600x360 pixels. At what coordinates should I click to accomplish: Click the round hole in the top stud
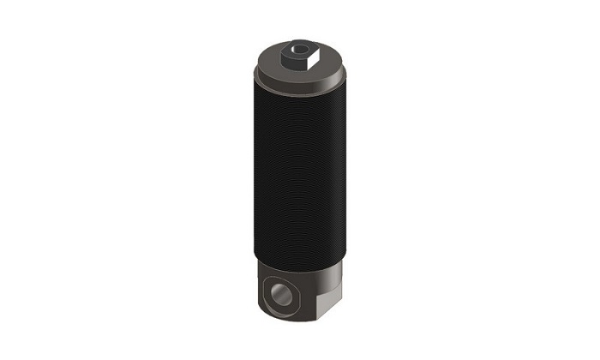point(297,52)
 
